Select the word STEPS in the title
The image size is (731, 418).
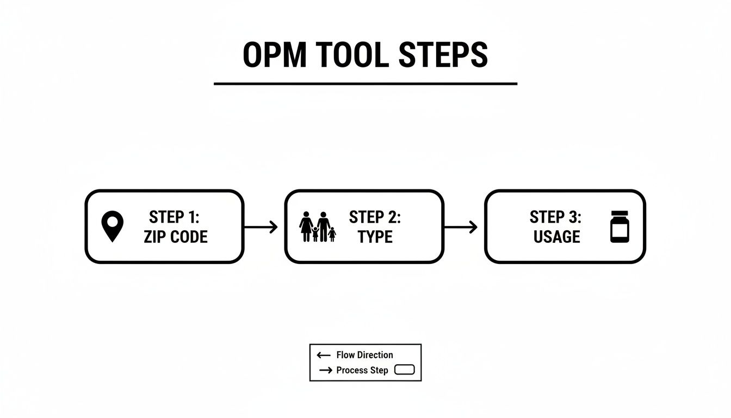pyautogui.click(x=443, y=55)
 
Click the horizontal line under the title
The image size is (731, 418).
pyautogui.click(x=365, y=84)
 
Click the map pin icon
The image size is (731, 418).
pyautogui.click(x=113, y=226)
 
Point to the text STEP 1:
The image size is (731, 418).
pyautogui.click(x=174, y=217)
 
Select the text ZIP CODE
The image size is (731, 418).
pyautogui.click(x=175, y=237)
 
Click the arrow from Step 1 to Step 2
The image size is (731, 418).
pyautogui.click(x=261, y=227)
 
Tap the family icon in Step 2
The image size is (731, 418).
pyautogui.click(x=318, y=227)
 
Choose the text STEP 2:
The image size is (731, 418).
pyautogui.click(x=375, y=217)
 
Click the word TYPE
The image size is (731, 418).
pyautogui.click(x=375, y=237)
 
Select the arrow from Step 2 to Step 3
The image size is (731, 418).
pyautogui.click(x=461, y=227)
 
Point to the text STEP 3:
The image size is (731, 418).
pyautogui.click(x=555, y=217)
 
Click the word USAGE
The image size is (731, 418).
pyautogui.click(x=556, y=237)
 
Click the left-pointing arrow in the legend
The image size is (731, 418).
pyautogui.click(x=324, y=355)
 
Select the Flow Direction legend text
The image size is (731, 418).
pyautogui.click(x=364, y=355)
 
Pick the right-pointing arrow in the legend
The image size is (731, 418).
pyautogui.click(x=326, y=371)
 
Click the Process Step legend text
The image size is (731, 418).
pyautogui.click(x=362, y=370)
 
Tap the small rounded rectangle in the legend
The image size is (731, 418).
pyautogui.click(x=404, y=370)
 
